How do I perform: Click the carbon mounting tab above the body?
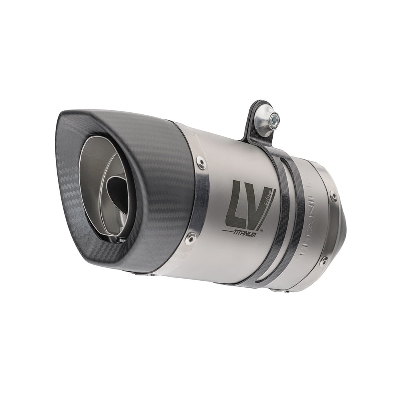click(257, 120)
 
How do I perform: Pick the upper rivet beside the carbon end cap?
click(201, 162)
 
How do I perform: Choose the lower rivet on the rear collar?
click(323, 261)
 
